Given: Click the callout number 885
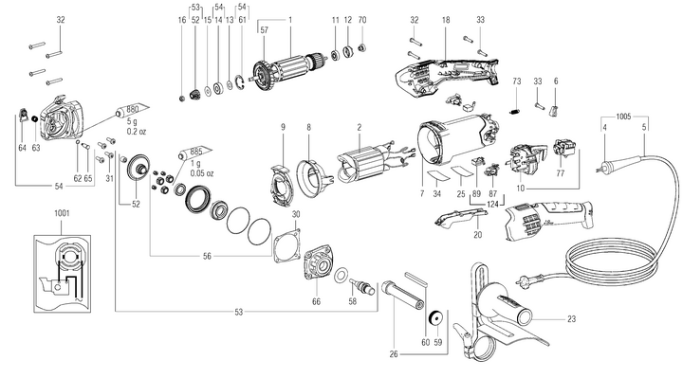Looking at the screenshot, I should (196, 151).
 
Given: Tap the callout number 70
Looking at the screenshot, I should (362, 20).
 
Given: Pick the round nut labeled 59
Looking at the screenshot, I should (436, 318).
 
